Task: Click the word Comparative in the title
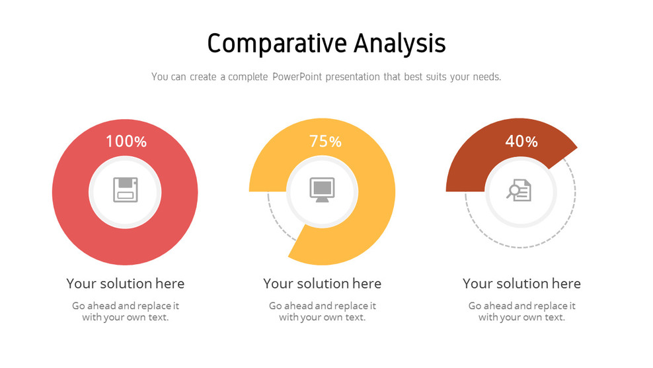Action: [x=276, y=44]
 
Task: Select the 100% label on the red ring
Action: [x=126, y=141]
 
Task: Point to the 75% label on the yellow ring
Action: [x=325, y=141]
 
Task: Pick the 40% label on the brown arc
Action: [x=521, y=141]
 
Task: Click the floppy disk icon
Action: [x=125, y=191]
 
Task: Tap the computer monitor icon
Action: [x=323, y=191]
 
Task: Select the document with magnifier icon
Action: [x=519, y=191]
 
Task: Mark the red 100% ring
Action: [x=73, y=199]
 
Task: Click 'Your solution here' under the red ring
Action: [x=126, y=283]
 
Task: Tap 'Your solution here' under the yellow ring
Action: [x=323, y=283]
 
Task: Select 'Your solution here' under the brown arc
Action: [x=521, y=283]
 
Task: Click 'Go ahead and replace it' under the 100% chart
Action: [x=126, y=306]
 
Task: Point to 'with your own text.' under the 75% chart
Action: [x=323, y=317]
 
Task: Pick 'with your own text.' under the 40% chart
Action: [x=521, y=317]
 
